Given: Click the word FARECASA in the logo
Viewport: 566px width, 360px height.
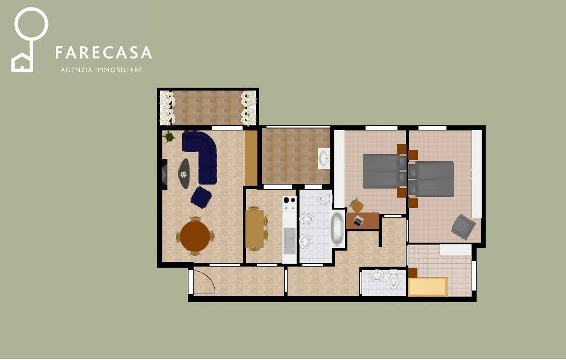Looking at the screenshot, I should point(103,53).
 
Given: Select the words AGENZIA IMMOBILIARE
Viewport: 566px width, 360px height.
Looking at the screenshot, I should point(101,70).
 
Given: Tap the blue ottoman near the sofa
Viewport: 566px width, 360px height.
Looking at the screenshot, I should point(201,197).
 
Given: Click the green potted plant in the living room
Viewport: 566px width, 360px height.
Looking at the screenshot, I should point(169,137).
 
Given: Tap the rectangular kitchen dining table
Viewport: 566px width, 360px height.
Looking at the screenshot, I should point(255,228).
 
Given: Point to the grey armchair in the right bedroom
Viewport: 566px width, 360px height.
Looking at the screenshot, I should point(463,227).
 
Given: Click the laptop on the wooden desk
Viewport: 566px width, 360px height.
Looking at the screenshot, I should point(358,220).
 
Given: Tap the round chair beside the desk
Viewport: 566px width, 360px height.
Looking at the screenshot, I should point(357,206).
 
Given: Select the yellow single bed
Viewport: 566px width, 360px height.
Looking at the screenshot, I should point(428,287).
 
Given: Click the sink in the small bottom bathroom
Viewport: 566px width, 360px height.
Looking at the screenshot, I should point(377,276).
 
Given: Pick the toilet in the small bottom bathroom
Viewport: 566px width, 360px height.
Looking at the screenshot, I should point(394,281).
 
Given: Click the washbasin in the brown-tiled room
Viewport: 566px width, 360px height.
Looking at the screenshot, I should point(323,158).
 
